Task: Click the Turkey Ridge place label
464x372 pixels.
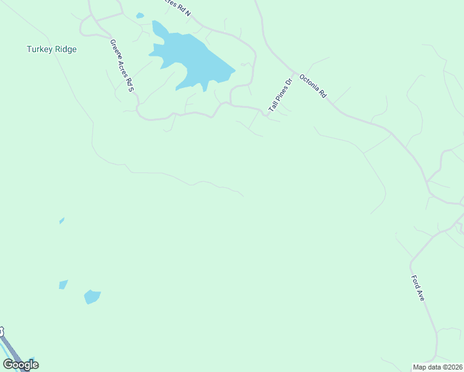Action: click(51, 49)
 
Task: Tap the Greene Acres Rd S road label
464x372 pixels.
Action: click(122, 66)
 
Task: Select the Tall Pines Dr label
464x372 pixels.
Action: click(280, 95)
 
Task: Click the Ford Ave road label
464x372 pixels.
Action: click(417, 288)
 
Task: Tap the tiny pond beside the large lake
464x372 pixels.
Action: click(140, 15)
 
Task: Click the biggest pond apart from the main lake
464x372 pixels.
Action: click(92, 297)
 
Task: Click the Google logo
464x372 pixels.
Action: click(20, 365)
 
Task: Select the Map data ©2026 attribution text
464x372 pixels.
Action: click(437, 367)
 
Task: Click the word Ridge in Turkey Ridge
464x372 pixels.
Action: click(65, 49)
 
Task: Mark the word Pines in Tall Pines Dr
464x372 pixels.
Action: click(280, 95)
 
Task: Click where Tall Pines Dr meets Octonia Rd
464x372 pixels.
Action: click(295, 74)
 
